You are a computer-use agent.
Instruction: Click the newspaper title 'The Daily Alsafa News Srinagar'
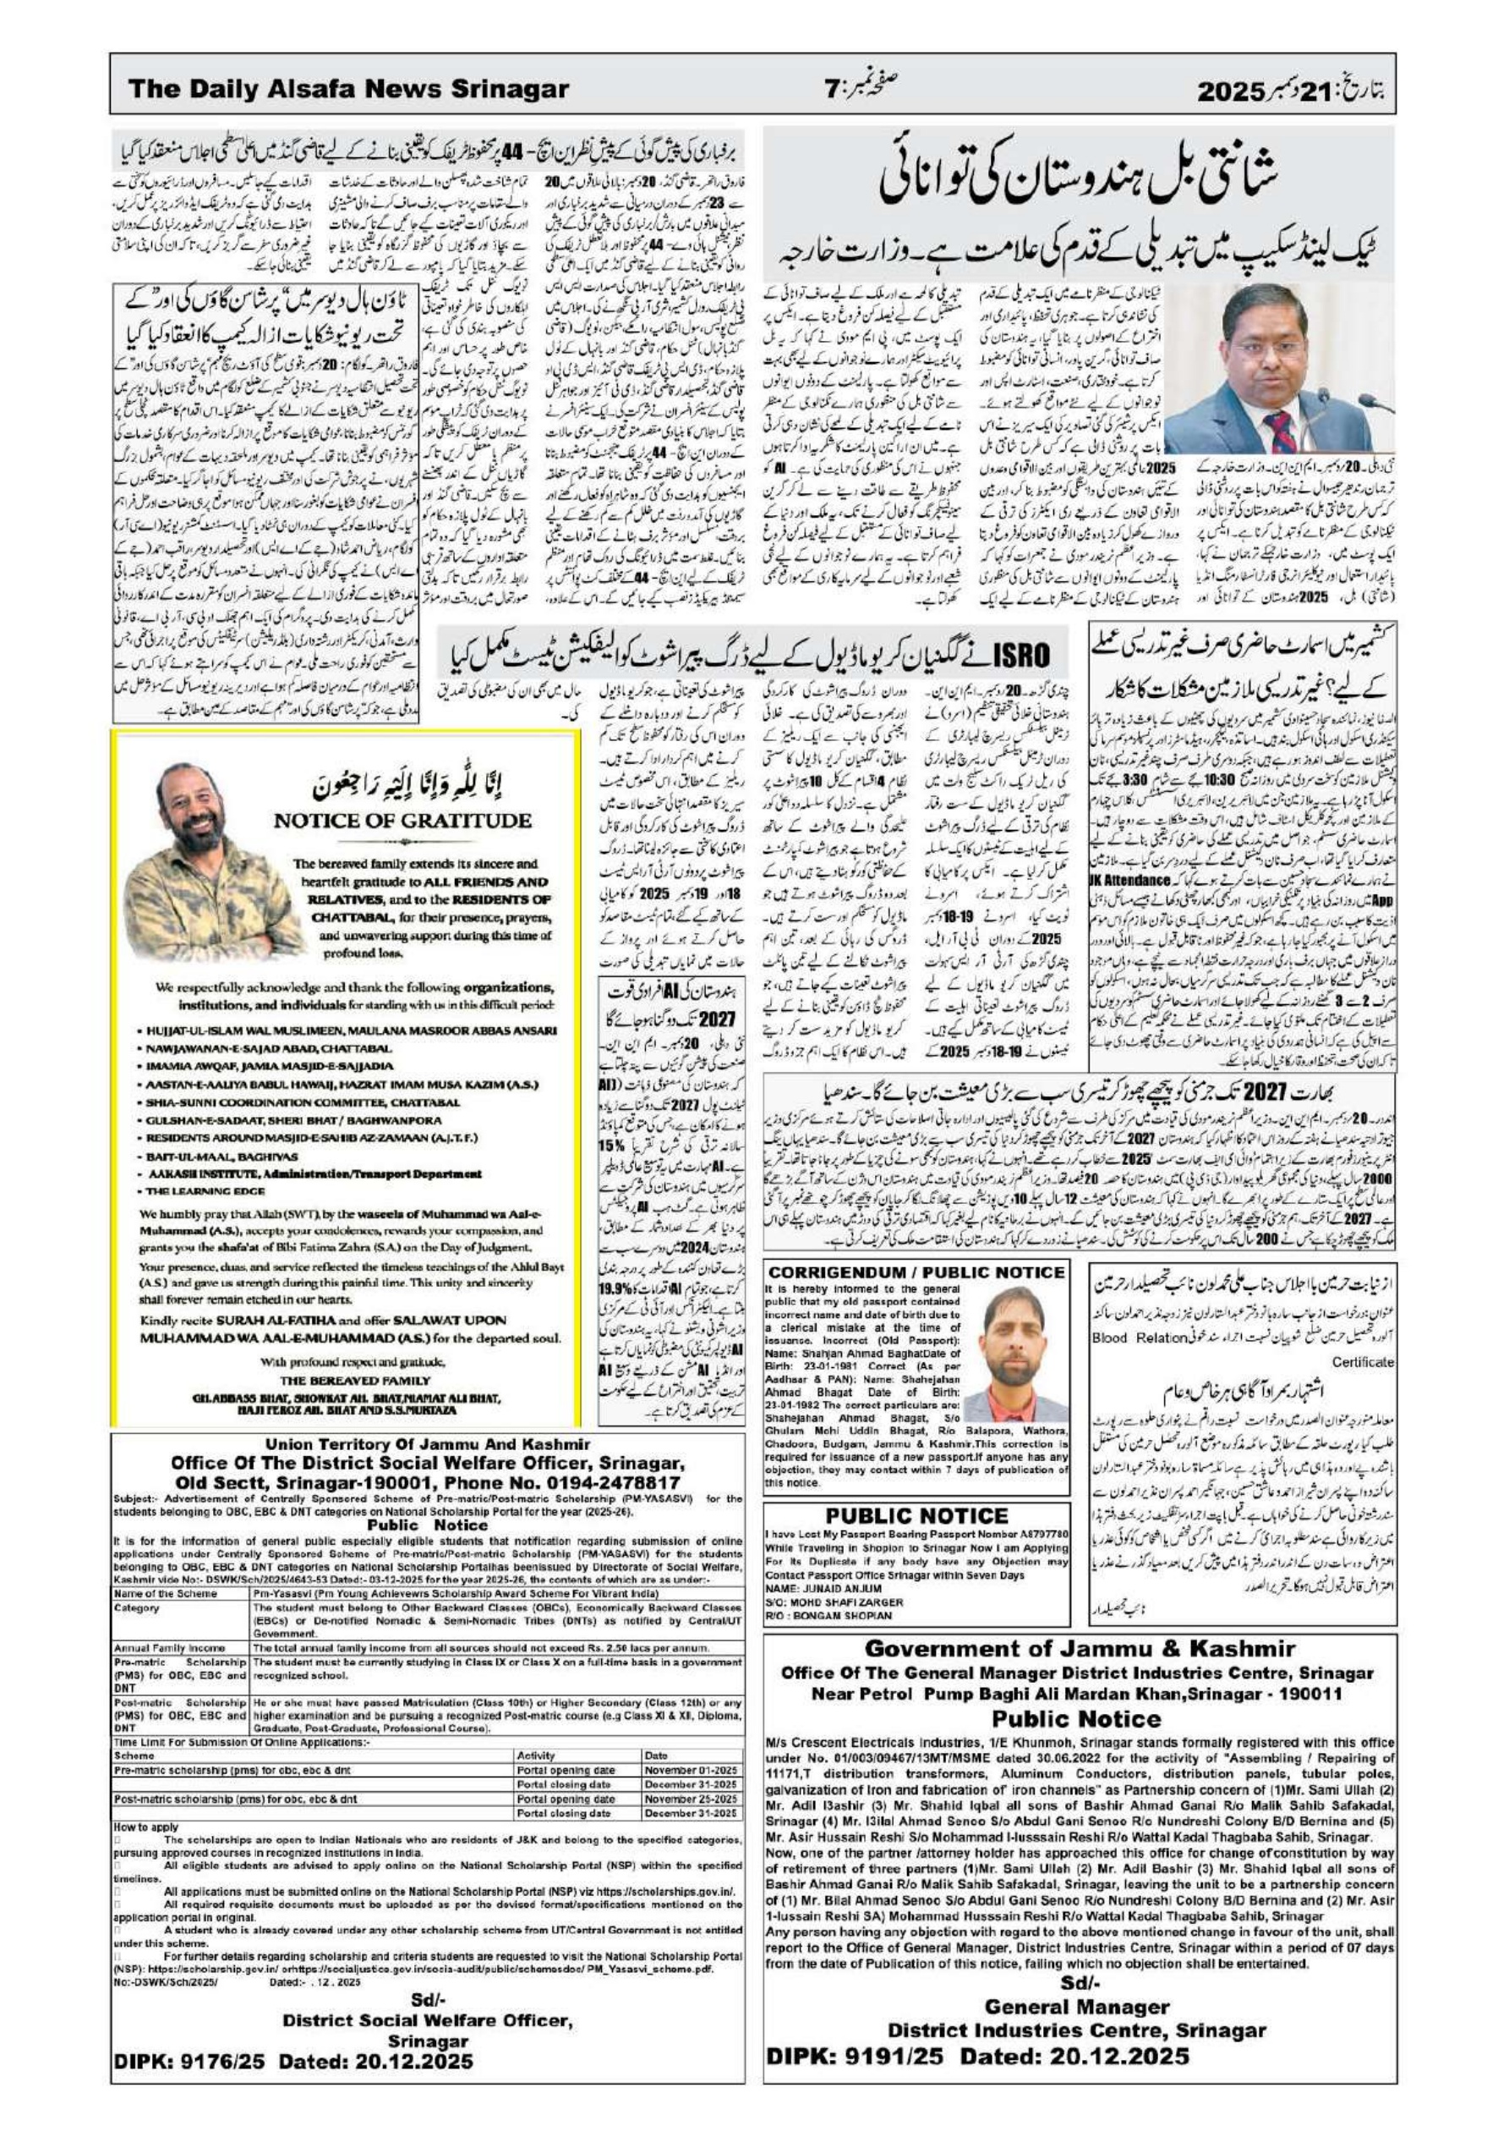(349, 90)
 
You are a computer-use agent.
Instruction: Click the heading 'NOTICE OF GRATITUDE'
(402, 821)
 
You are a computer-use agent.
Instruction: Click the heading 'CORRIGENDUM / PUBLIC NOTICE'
(916, 1272)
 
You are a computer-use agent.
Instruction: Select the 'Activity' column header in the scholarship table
(536, 1755)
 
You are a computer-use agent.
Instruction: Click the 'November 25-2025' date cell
(691, 1799)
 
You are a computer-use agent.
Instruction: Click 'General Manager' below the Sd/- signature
(1075, 1999)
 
